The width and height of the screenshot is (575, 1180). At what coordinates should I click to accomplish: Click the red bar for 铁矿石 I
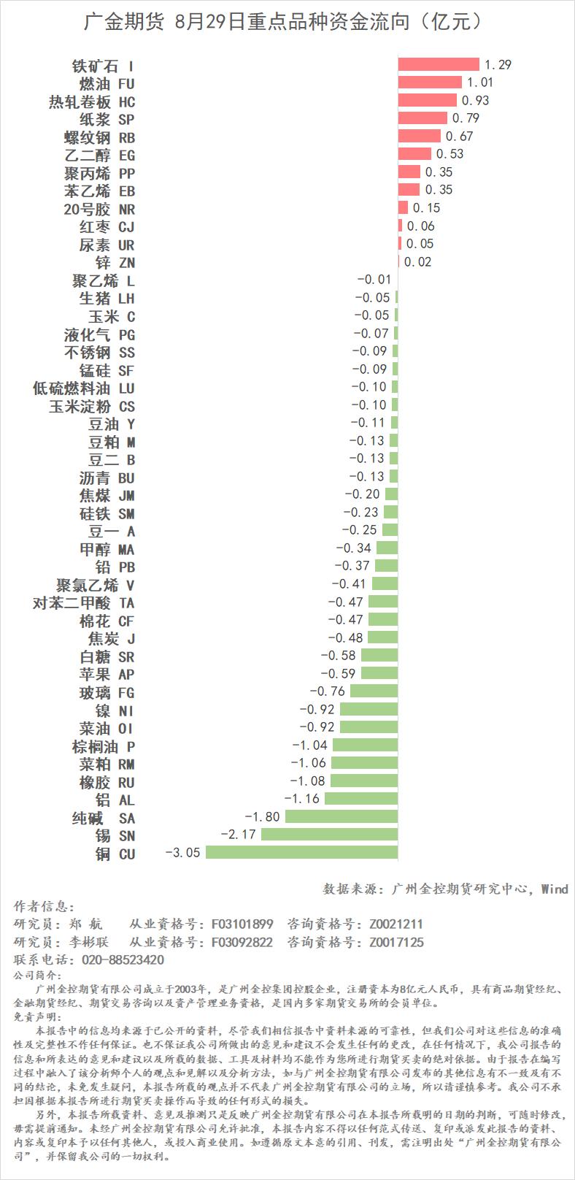pyautogui.click(x=439, y=65)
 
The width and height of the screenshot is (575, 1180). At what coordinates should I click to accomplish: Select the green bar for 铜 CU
pyautogui.click(x=302, y=852)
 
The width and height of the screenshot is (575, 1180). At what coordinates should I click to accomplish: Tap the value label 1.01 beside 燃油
pyautogui.click(x=480, y=83)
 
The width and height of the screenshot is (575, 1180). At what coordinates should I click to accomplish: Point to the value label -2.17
pyautogui.click(x=239, y=834)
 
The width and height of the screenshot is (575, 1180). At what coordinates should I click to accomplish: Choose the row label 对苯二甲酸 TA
pyautogui.click(x=83, y=603)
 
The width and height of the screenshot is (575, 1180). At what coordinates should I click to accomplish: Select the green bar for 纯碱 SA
pyautogui.click(x=341, y=816)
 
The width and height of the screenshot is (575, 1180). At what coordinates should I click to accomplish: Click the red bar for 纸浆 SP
pyautogui.click(x=422, y=118)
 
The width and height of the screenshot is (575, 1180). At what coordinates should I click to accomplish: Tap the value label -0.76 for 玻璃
pyautogui.click(x=328, y=691)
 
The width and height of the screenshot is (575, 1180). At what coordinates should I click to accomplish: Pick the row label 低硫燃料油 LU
pyautogui.click(x=83, y=388)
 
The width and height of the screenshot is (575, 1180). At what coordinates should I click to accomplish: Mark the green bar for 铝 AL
pyautogui.click(x=361, y=799)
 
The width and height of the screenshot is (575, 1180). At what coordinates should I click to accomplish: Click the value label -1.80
pyautogui.click(x=262, y=816)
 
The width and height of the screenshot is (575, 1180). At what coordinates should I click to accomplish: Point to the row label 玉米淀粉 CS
pyautogui.click(x=91, y=407)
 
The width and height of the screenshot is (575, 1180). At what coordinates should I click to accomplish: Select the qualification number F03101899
pyautogui.click(x=242, y=924)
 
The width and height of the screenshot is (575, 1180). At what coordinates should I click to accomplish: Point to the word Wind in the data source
pyautogui.click(x=554, y=889)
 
